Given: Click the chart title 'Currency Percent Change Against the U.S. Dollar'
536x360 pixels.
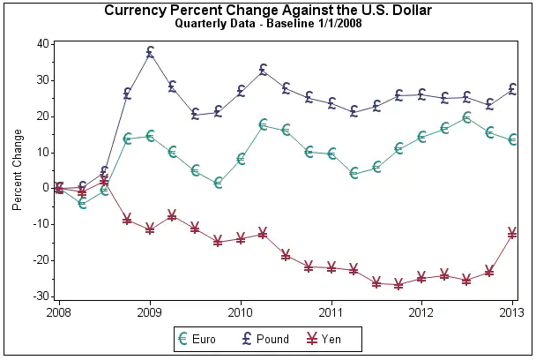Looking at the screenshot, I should [268, 10].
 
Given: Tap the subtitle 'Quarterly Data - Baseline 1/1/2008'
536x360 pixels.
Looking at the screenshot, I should [268, 23].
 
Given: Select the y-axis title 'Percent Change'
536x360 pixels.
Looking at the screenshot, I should [17, 170].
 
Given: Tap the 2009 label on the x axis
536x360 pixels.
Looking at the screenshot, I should [150, 312].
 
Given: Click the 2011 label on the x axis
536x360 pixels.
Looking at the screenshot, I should [331, 312].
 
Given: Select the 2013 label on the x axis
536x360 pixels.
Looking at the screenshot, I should [512, 312].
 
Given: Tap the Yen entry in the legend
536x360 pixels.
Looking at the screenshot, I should [323, 338].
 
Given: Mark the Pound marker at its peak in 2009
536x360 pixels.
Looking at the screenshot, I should [150, 52].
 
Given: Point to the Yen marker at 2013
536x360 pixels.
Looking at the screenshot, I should [512, 233].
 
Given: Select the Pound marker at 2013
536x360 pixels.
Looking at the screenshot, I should [512, 89].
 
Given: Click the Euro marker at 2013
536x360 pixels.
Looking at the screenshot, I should [512, 139].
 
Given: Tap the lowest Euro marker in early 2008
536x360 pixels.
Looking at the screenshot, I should [82, 203].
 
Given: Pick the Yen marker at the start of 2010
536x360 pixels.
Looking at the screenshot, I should [241, 238].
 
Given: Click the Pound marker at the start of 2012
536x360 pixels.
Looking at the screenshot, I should [421, 94].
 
